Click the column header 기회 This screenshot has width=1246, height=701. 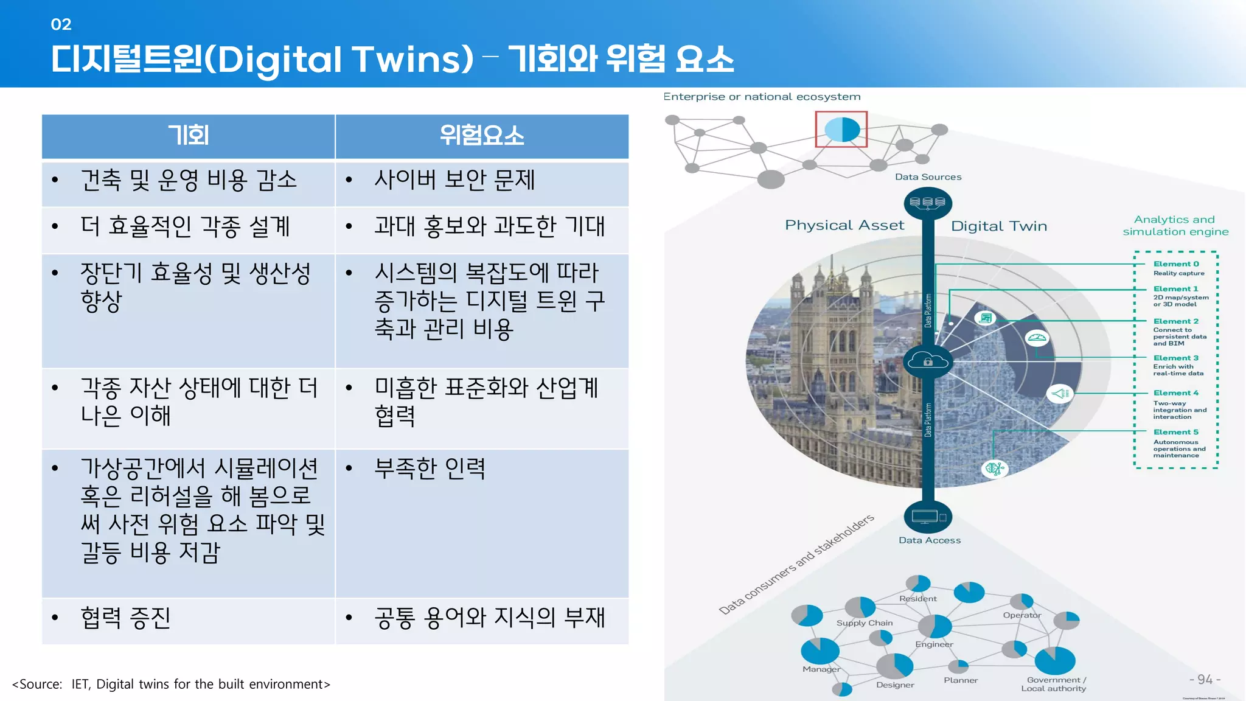click(188, 135)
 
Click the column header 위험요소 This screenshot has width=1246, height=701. click(482, 135)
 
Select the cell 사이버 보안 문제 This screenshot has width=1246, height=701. click(454, 180)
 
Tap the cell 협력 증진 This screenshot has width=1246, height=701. click(125, 618)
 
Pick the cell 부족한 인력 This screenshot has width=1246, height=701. click(430, 469)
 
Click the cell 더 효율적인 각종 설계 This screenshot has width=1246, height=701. click(185, 226)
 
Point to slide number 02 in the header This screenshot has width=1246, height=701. click(61, 24)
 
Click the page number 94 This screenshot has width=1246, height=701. click(1205, 679)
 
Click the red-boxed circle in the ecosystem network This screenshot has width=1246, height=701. click(841, 129)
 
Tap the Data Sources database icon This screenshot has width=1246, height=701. click(928, 203)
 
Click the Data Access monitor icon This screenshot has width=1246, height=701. click(928, 517)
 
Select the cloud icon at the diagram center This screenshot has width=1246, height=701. click(928, 361)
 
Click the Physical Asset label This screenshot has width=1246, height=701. click(844, 225)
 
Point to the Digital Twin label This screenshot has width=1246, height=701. click(999, 226)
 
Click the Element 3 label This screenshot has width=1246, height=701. click(1175, 358)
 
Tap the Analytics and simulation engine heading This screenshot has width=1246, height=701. click(1175, 226)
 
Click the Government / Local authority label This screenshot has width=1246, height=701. click(1055, 684)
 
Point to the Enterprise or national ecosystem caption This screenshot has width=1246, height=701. click(762, 97)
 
